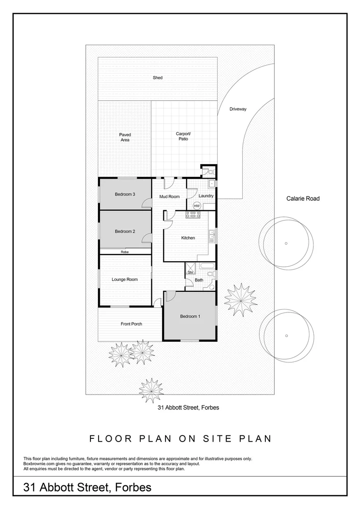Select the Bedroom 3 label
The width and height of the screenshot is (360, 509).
(x=125, y=194)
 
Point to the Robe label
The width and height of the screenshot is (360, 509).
(x=124, y=252)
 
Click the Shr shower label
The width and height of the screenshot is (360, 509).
(x=190, y=272)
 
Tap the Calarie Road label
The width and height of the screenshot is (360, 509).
(x=303, y=198)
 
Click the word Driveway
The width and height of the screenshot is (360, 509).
(x=238, y=109)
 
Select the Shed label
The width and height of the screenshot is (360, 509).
(x=157, y=78)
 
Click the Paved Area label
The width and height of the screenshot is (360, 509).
(x=125, y=137)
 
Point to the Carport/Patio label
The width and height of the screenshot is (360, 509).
(x=183, y=136)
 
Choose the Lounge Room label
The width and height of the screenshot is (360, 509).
(x=124, y=279)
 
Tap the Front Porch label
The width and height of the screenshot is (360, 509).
(x=131, y=324)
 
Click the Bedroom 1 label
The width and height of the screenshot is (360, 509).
(x=190, y=316)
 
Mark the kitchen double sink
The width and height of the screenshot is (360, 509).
(x=212, y=235)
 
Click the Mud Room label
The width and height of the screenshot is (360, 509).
(x=169, y=196)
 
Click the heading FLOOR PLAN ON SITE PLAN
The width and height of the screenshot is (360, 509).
(x=180, y=438)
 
